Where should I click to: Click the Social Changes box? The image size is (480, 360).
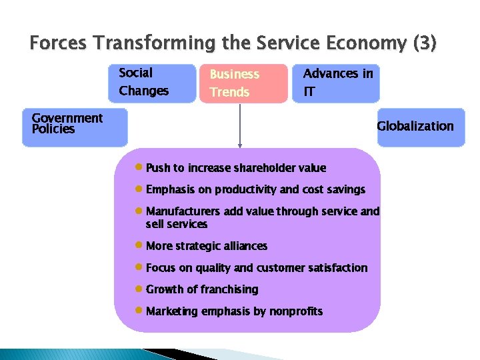(151, 83)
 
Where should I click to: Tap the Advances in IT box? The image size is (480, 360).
(335, 83)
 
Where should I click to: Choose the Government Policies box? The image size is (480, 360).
(74, 127)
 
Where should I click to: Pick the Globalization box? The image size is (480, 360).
(420, 127)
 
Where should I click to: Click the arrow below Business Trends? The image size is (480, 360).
(240, 127)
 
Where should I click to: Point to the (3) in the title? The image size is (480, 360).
(425, 44)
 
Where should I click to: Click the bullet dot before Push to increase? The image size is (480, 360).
(138, 167)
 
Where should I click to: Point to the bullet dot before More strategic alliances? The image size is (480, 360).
(138, 245)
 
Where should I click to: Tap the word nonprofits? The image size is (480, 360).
(296, 311)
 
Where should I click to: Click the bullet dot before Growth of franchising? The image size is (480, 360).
(138, 289)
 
